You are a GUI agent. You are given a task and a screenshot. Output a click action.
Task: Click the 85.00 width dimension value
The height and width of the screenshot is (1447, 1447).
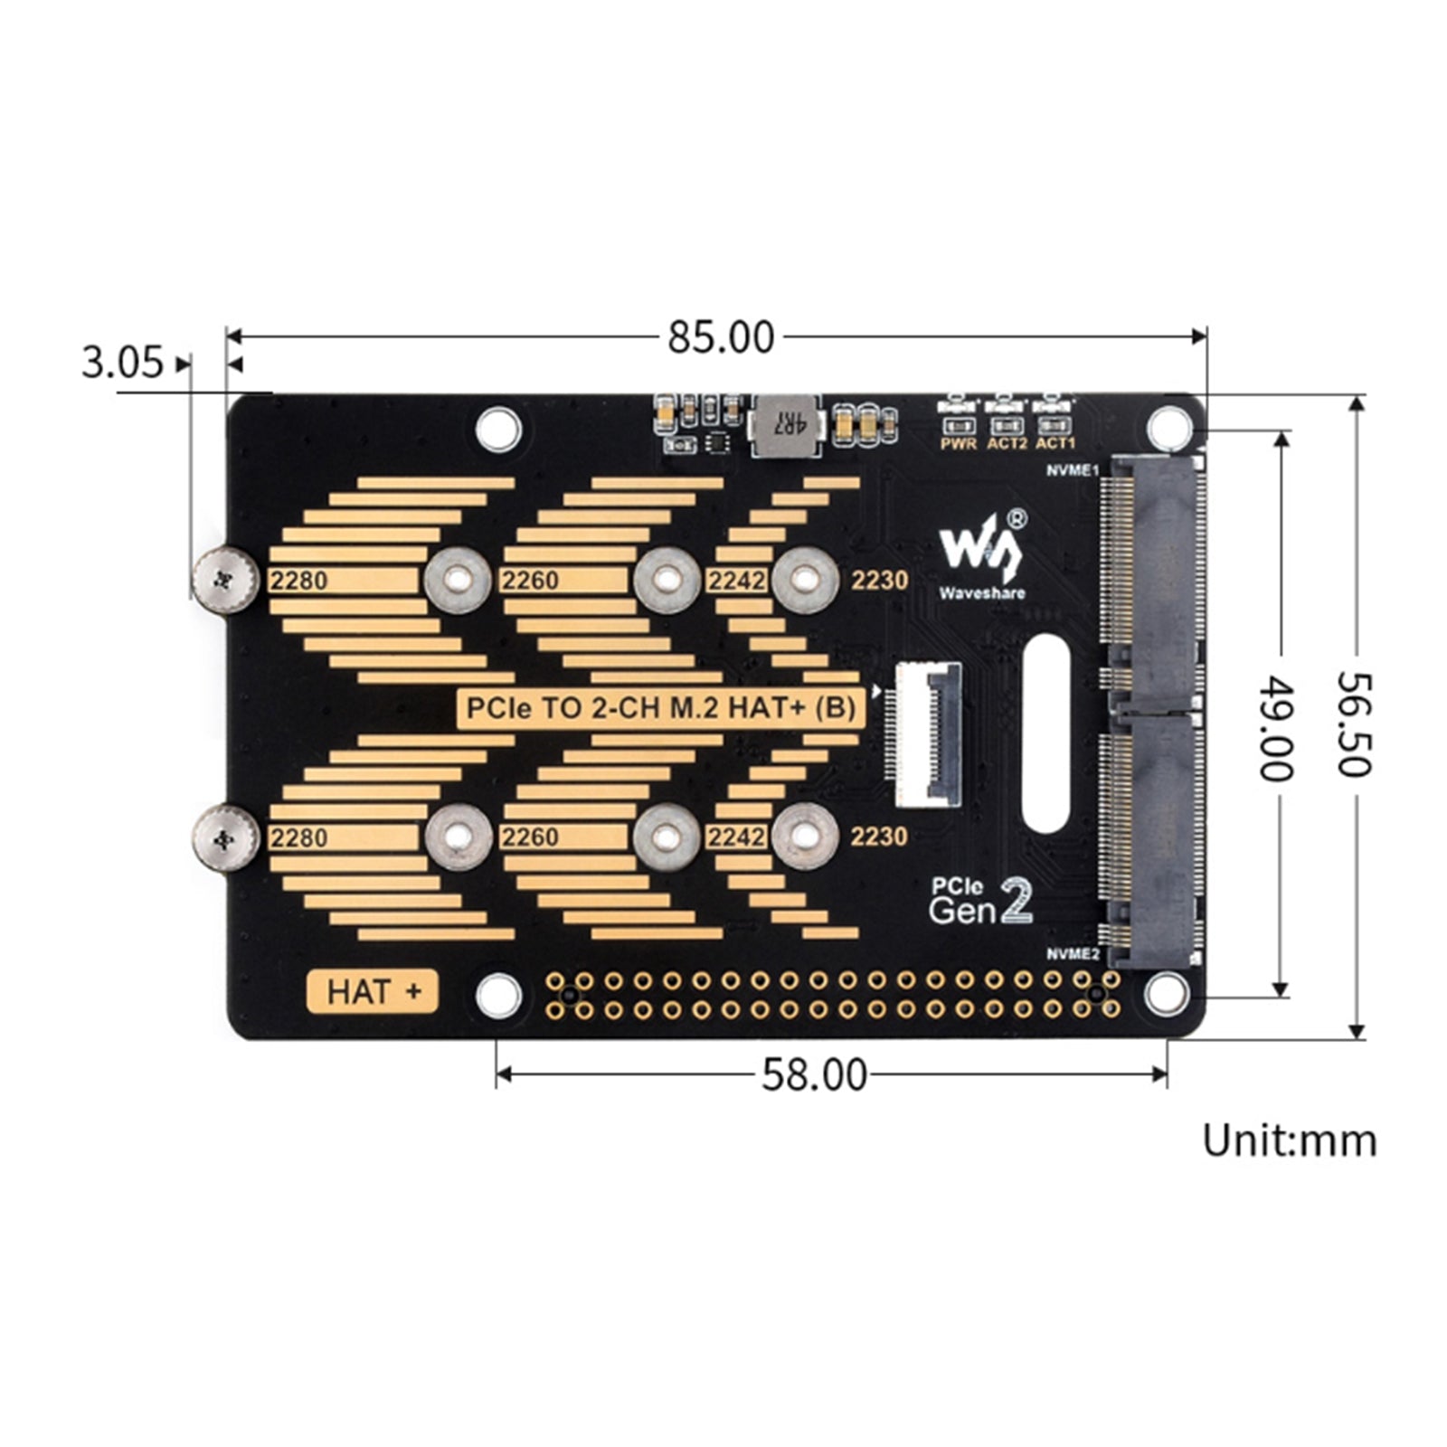click(721, 338)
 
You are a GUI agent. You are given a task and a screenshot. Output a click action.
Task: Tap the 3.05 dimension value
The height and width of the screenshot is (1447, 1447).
click(122, 363)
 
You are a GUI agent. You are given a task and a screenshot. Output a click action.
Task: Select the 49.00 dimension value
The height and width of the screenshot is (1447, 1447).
click(1277, 727)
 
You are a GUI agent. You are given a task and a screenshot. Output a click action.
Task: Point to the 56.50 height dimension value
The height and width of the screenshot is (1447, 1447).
click(1354, 723)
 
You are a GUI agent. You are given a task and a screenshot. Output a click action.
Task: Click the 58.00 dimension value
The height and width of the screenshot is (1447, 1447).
click(814, 1075)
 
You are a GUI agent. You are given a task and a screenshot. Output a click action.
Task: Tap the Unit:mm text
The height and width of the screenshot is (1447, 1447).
click(1289, 1140)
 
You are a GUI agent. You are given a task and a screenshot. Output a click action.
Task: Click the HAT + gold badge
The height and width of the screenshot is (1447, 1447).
click(373, 991)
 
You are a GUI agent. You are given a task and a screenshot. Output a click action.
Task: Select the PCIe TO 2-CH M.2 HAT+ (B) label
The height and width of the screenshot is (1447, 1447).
click(660, 707)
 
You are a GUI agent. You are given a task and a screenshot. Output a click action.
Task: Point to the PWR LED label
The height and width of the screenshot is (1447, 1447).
click(959, 444)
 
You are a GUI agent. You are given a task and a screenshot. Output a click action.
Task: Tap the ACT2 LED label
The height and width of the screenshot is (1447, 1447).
click(1007, 444)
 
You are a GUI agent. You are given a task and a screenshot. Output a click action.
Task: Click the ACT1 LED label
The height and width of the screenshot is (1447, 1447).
click(1055, 444)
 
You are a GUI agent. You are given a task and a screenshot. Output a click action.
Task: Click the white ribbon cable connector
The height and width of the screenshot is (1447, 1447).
click(929, 733)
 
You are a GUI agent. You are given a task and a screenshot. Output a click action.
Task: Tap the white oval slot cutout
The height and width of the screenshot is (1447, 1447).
click(1047, 733)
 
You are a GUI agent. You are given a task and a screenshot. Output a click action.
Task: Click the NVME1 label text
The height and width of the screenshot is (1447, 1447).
click(1073, 470)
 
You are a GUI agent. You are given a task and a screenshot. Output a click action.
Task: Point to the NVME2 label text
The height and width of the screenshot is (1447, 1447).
click(1073, 954)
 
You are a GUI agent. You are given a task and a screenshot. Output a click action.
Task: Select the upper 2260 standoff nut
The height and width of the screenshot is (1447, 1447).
click(667, 580)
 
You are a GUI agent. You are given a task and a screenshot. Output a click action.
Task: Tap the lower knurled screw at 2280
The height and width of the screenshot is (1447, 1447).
click(225, 838)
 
